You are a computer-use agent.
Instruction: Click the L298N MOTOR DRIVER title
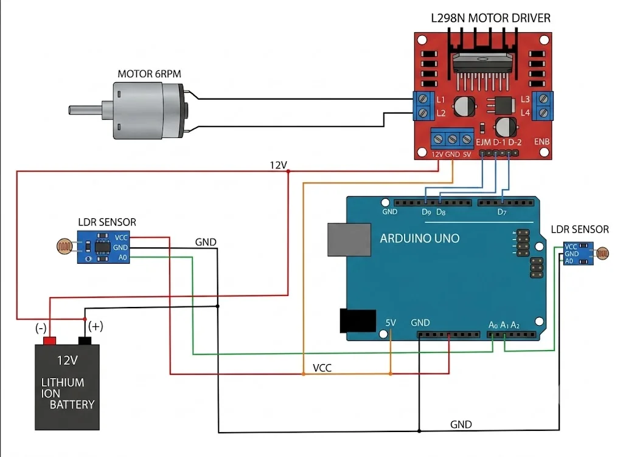[x=491, y=18]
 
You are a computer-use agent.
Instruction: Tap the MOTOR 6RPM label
[x=150, y=74]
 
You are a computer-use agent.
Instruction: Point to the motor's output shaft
[x=86, y=110]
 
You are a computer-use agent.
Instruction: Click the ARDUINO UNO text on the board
[x=420, y=238]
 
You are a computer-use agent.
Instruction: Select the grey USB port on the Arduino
[x=349, y=239]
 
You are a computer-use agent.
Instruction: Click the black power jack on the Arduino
[x=358, y=320]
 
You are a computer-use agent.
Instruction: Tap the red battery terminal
[x=50, y=341]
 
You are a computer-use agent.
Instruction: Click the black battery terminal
[x=85, y=341]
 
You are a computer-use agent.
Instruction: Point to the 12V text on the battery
[x=67, y=360]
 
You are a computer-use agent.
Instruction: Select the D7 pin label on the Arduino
[x=502, y=212]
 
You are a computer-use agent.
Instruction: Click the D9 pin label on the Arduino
[x=426, y=212]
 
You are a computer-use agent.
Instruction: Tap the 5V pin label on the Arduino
[x=391, y=323]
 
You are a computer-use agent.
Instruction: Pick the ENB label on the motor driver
[x=542, y=142]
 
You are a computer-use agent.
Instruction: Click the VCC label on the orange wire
[x=322, y=368]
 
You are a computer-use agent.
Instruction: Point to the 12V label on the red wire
[x=278, y=165]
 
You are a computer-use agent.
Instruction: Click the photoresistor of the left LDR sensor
[x=64, y=247]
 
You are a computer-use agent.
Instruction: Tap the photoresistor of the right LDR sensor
[x=602, y=253]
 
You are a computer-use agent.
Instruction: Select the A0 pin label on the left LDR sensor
[x=123, y=258]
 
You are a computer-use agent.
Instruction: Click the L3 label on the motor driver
[x=525, y=99]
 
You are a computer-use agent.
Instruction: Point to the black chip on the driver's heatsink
[x=482, y=63]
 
